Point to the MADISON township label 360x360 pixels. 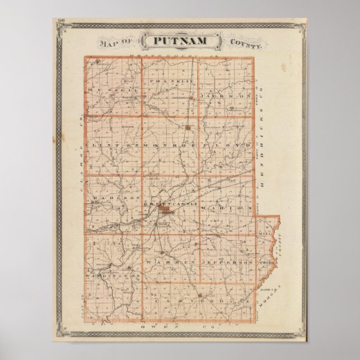tap(116, 198)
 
